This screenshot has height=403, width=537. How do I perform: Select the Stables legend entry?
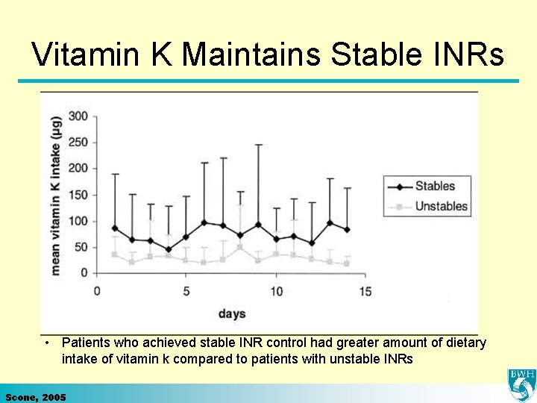tap(434, 186)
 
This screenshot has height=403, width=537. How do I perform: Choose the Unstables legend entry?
tap(441, 206)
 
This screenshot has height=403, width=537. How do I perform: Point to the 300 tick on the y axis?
tap(78, 116)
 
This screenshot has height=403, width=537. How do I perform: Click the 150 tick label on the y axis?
tap(78, 195)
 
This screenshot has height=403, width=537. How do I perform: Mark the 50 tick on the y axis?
tap(81, 247)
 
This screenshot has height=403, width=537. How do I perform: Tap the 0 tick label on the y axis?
tap(84, 273)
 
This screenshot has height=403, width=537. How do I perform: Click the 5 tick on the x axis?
tap(186, 290)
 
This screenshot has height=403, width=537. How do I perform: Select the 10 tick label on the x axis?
tap(275, 290)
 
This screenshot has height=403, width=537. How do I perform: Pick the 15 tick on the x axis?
tap(365, 290)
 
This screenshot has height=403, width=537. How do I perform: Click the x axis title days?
tap(231, 313)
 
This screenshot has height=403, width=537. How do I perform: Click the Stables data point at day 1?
tap(115, 228)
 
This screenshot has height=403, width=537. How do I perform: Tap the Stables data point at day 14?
tap(347, 230)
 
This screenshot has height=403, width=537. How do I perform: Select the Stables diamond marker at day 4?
tap(169, 249)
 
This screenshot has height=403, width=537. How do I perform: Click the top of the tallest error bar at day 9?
tap(258, 145)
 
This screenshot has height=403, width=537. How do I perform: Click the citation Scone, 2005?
tap(35, 397)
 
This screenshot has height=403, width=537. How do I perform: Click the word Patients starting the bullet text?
tap(86, 343)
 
